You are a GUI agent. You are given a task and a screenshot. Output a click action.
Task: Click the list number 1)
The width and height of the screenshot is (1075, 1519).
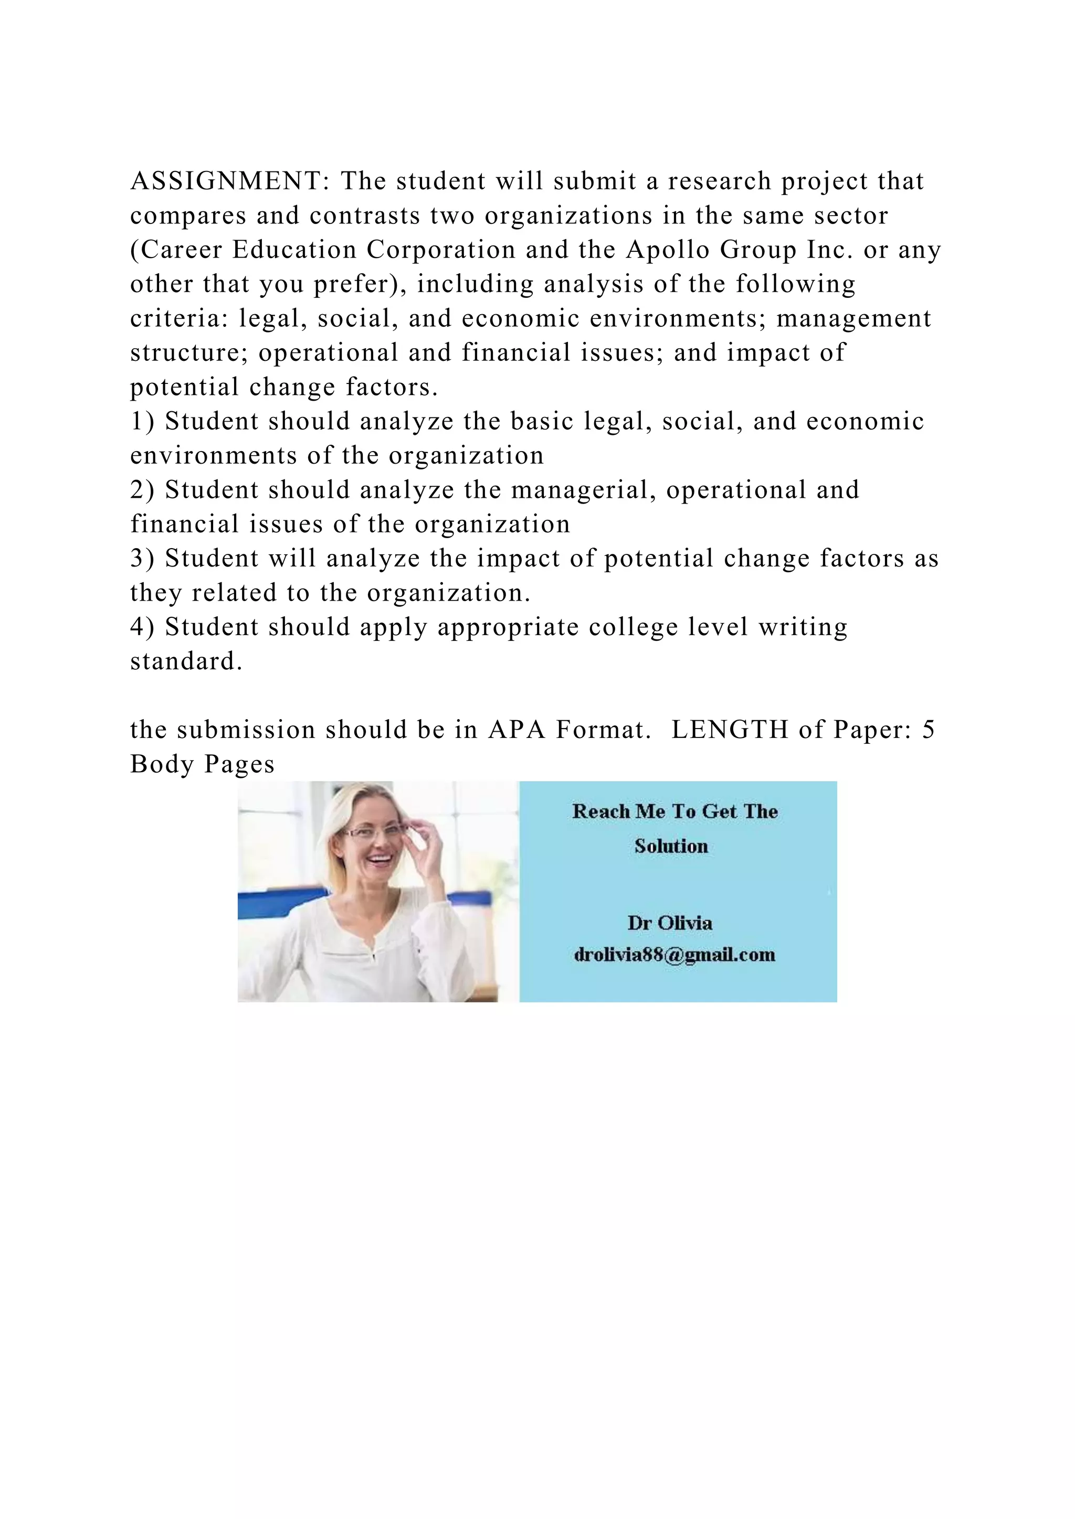point(142,421)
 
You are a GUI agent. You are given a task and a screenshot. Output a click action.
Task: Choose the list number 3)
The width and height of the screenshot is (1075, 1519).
point(142,559)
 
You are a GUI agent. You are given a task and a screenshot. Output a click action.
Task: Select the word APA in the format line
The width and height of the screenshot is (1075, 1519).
point(517,730)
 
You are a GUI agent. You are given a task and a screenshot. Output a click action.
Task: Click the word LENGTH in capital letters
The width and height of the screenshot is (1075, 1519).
point(729,730)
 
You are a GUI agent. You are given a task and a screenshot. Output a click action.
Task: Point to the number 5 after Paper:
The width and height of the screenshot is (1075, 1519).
point(928,730)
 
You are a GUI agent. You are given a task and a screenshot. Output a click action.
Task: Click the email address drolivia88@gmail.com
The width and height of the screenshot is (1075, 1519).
point(674,955)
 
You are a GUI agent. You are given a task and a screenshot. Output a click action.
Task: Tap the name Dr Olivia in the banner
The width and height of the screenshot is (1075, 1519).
point(670,923)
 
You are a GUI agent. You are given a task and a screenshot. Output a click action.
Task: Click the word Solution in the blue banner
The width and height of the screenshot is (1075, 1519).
point(671,846)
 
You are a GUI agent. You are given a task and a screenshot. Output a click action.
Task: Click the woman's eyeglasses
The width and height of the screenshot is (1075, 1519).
point(374,832)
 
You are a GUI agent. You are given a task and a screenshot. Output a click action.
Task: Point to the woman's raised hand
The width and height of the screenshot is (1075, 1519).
point(424,853)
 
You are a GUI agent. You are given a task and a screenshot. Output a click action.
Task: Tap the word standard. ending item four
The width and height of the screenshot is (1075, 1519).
point(187,661)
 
